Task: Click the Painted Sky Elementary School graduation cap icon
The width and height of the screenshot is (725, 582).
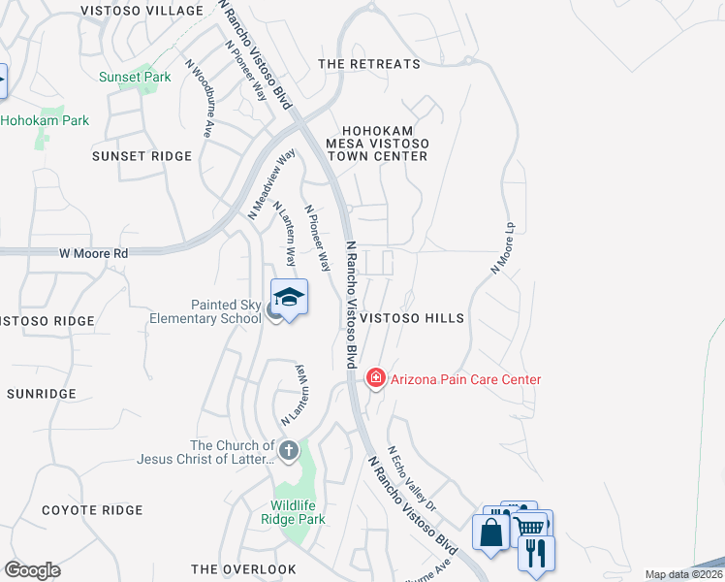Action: click(x=289, y=297)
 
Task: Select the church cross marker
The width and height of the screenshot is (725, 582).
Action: click(x=288, y=450)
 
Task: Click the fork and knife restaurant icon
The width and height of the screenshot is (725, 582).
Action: click(x=536, y=552)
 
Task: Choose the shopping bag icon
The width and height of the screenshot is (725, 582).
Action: click(x=490, y=533)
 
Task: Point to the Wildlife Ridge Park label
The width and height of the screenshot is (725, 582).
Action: click(x=299, y=512)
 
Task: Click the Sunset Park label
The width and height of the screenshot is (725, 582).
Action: click(x=135, y=77)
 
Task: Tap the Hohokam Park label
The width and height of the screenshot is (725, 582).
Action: click(x=45, y=120)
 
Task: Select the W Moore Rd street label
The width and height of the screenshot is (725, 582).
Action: click(x=93, y=254)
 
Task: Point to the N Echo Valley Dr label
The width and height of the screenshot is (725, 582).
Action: click(x=413, y=478)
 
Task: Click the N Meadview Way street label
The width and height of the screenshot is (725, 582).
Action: click(x=270, y=182)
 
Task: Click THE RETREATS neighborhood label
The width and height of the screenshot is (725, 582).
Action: click(x=369, y=64)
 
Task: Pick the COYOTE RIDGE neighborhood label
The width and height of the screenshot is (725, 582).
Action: click(x=92, y=510)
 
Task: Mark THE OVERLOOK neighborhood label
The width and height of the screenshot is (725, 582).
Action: click(x=243, y=569)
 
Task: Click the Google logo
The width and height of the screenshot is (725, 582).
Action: click(x=32, y=569)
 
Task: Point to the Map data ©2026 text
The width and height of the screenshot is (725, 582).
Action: click(x=683, y=574)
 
